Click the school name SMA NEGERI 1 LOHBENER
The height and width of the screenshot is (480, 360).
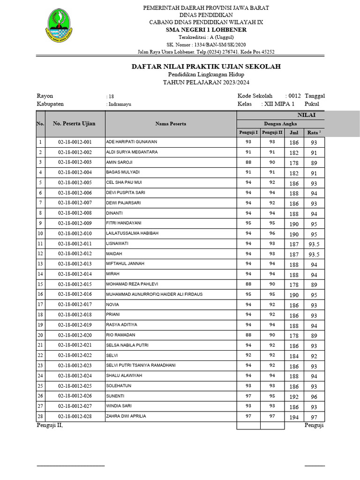click(x=206, y=30)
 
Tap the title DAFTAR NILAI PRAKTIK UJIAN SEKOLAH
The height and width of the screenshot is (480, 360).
click(x=206, y=67)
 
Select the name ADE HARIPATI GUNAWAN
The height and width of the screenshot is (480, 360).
click(x=132, y=142)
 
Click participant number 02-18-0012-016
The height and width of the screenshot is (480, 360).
click(x=75, y=294)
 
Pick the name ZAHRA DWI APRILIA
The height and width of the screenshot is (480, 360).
click(x=126, y=416)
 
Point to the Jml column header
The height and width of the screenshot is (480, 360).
click(x=294, y=133)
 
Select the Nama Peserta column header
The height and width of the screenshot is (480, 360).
click(x=171, y=124)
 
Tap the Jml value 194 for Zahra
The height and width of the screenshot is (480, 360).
click(x=294, y=417)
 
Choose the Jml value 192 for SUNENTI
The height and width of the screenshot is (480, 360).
click(x=294, y=397)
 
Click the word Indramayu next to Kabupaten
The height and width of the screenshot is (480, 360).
click(x=120, y=105)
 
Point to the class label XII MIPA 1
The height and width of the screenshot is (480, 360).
click(x=279, y=104)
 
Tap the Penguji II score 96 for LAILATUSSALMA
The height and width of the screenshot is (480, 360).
click(x=272, y=233)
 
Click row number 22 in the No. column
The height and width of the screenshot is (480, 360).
click(x=40, y=356)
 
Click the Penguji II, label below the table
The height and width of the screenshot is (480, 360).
click(x=50, y=425)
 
